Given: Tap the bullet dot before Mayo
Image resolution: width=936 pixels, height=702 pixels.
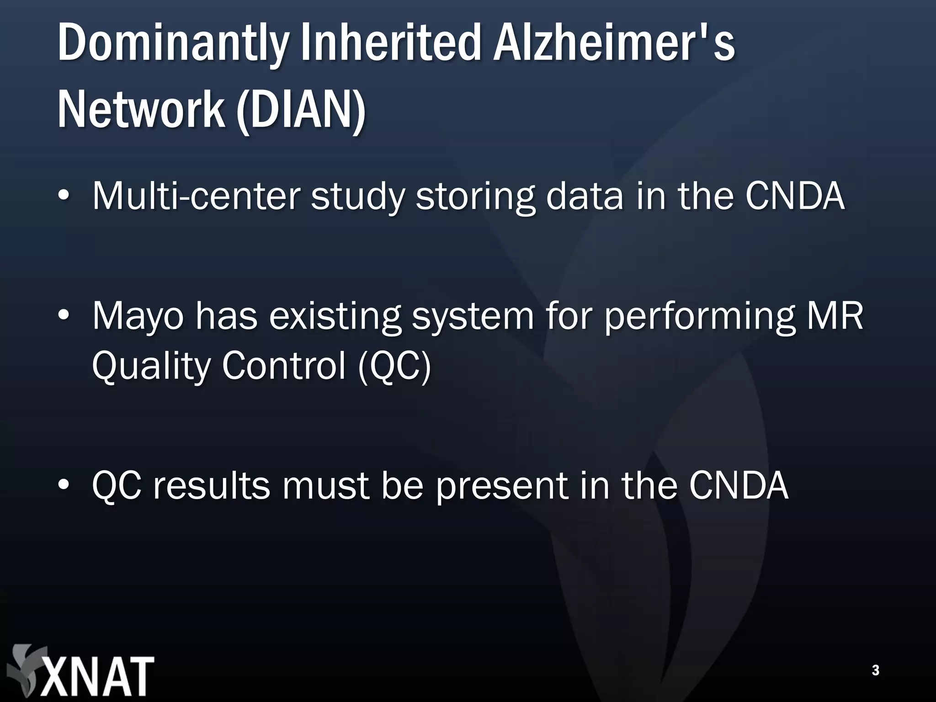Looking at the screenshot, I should coord(64,316).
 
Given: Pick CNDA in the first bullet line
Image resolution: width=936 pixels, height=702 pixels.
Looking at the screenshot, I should coord(794,196).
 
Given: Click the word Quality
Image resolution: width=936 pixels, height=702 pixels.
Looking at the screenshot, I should coord(150,367).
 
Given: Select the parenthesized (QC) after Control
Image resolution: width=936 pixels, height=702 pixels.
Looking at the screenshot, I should coord(394,367).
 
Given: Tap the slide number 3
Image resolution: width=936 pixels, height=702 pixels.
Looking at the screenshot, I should coord(875,670).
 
